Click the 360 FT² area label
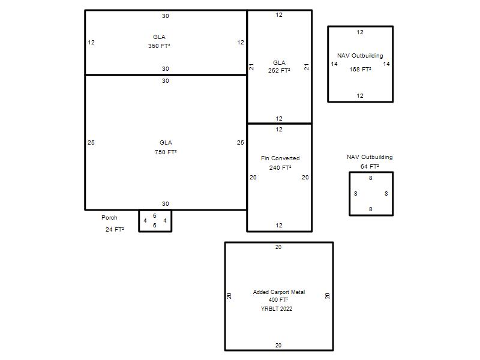(x=159, y=46)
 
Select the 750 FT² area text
(x=166, y=152)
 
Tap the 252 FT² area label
(x=279, y=70)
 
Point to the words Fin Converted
(x=280, y=158)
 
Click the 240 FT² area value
(x=280, y=168)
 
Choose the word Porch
(x=109, y=218)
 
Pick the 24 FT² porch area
(x=115, y=230)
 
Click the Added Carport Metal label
(x=279, y=292)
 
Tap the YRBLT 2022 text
(x=277, y=309)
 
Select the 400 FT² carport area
(x=278, y=300)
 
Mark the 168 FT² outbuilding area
(x=361, y=70)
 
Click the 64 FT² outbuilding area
(x=370, y=167)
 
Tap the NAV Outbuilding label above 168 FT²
(x=360, y=56)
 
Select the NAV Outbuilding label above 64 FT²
(x=370, y=157)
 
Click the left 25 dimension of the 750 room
(x=91, y=143)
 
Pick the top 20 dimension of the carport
(x=278, y=247)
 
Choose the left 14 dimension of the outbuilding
(x=334, y=64)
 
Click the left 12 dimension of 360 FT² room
(x=91, y=43)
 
